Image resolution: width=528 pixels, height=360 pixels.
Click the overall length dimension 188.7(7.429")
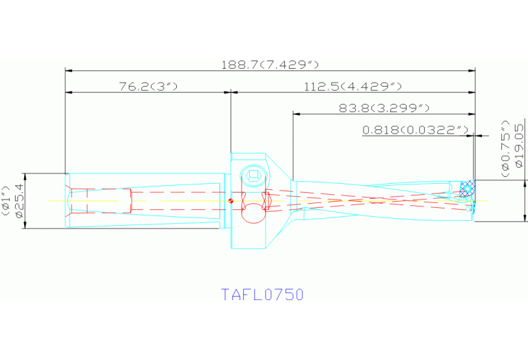tap(270, 64)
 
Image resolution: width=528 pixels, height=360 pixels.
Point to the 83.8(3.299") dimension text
tap(384, 108)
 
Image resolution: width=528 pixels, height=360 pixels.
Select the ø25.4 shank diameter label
tap(19, 200)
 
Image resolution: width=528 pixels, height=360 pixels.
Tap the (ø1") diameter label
tap(6, 200)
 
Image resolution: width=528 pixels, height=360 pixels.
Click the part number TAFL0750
tap(262, 295)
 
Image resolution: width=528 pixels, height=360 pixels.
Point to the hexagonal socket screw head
tap(253, 175)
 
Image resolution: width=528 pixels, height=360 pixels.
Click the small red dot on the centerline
tap(232, 201)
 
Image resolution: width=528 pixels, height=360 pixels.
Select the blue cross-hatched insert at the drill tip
tap(467, 188)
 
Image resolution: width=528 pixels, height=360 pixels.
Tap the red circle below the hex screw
tap(253, 213)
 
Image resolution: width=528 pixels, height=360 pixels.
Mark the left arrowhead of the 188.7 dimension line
tap(67, 70)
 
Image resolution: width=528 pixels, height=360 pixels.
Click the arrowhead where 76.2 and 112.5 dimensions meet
tap(230, 92)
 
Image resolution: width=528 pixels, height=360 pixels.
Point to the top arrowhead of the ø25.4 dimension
tap(23, 176)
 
